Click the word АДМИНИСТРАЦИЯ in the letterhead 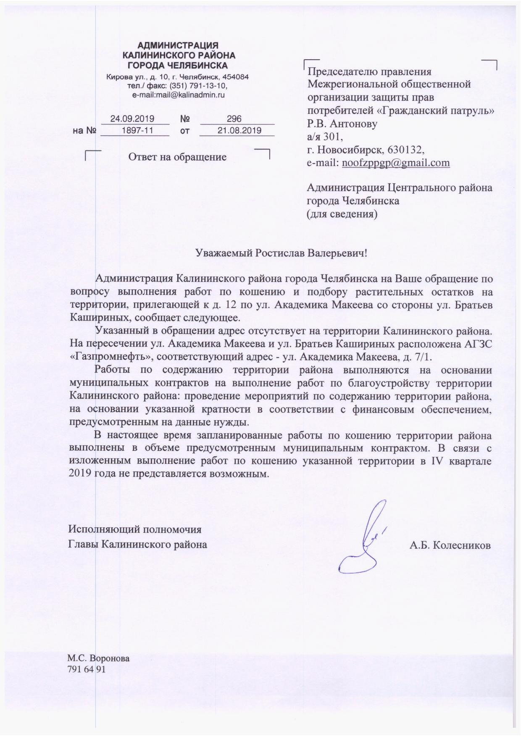pos(178,45)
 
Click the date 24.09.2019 pos(132,119)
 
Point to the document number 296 pos(234,119)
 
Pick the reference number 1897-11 pos(137,130)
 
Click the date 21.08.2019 pos(239,130)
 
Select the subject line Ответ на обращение pos(177,157)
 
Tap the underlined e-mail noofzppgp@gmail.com pos(396,163)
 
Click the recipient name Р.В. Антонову pos(342,124)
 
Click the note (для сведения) pos(342,214)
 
